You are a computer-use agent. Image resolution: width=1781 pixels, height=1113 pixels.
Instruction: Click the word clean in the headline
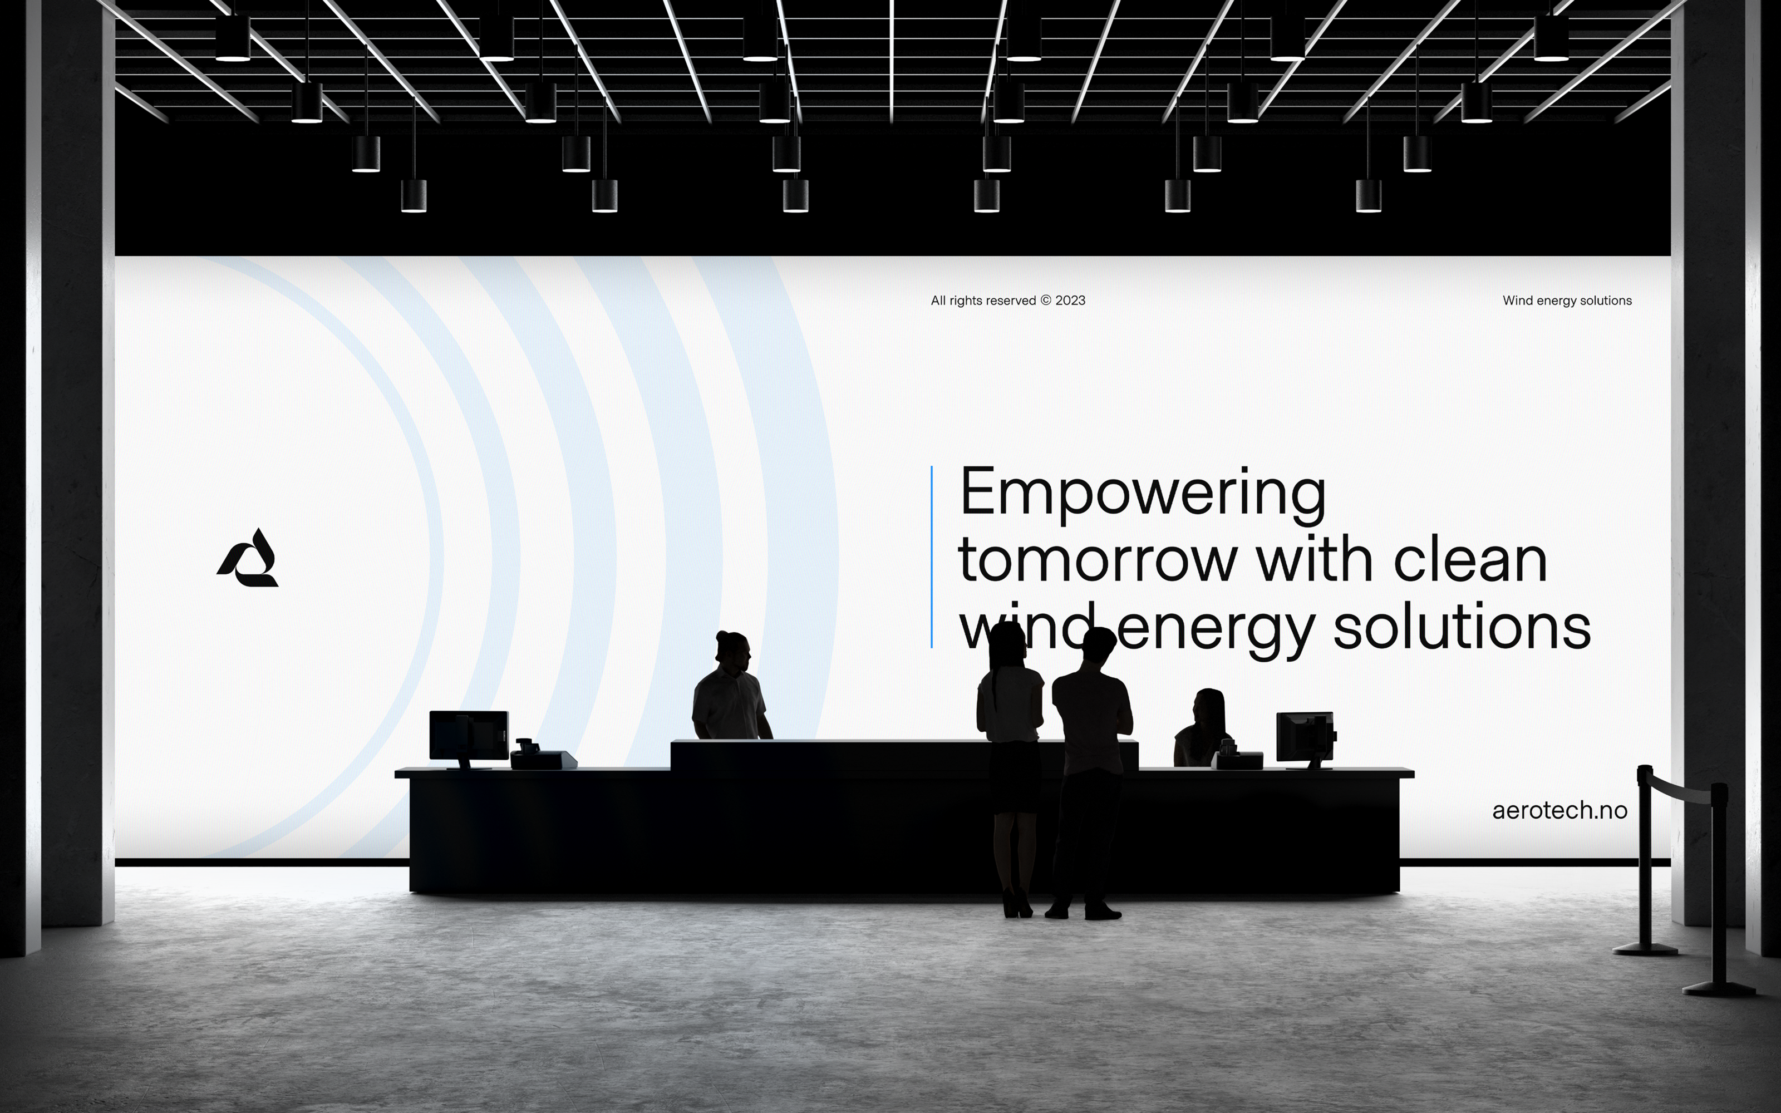tap(1470, 559)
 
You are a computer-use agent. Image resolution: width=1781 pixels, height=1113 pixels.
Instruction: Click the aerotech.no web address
tap(1559, 810)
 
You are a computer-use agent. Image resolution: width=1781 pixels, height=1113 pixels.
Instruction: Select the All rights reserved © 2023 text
tap(1007, 301)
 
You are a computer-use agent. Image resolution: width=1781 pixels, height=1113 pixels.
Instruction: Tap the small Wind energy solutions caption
tap(1567, 301)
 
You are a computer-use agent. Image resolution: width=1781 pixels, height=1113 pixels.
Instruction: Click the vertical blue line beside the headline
tap(932, 556)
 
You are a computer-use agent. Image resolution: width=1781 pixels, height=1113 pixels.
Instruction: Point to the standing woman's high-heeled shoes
tap(1017, 905)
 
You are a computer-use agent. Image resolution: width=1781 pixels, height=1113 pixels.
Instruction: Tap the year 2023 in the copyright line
tap(1070, 301)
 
